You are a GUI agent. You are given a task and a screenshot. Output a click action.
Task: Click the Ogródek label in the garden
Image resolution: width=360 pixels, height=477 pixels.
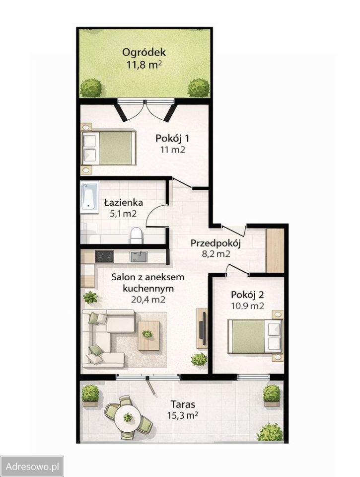pos(144,52)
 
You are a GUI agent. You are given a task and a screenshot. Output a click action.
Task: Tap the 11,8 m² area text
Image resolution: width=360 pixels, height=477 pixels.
pos(144,65)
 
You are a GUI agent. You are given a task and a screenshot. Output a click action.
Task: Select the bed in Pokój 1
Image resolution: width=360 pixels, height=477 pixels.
pos(109,148)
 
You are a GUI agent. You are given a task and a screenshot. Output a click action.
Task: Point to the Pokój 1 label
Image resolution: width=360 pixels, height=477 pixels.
pos(172,139)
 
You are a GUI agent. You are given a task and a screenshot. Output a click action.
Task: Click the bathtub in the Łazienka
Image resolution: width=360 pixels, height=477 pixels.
pos(90,197)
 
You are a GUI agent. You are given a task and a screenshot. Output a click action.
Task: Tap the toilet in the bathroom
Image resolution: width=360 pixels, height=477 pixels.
pos(136,236)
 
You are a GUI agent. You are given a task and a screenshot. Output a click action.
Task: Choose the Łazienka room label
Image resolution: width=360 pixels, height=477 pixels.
pos(124,202)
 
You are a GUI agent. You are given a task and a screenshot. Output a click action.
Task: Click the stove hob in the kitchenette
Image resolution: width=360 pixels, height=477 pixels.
pos(104,256)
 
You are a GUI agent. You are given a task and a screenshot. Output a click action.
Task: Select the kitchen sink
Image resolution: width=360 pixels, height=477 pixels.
pos(139,256)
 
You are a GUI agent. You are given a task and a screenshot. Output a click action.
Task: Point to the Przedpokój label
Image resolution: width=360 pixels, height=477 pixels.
pos(216,243)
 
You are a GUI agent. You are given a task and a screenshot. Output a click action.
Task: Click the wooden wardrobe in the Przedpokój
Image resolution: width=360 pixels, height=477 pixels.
pos(275,250)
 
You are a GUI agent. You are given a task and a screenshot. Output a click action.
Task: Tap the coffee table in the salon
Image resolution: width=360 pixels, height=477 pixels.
pos(148,335)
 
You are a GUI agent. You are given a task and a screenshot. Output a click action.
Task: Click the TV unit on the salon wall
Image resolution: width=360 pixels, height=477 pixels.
pos(202,328)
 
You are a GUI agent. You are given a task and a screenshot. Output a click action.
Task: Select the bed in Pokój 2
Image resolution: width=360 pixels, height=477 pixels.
pos(255,336)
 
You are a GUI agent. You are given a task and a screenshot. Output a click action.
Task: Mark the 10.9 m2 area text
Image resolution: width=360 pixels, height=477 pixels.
pos(247,306)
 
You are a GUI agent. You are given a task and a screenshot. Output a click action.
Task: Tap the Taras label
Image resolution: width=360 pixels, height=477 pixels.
pos(183,404)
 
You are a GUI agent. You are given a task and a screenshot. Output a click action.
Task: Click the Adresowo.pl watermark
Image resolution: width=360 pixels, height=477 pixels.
pos(32,467)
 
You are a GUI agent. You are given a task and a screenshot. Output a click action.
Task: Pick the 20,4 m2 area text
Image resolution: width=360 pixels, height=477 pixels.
pos(148,299)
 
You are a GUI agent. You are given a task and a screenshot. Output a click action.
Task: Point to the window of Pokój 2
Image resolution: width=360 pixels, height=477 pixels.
pos(253,377)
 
